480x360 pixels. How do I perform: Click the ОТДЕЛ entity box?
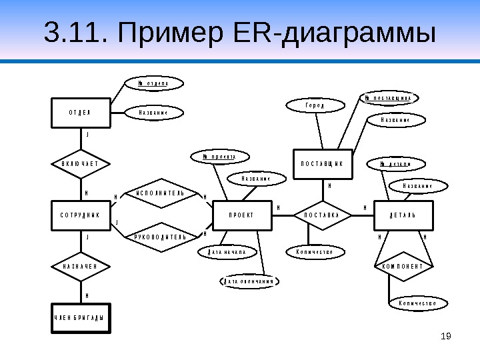click(80, 113)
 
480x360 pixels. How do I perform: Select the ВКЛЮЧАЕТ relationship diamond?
click(81, 163)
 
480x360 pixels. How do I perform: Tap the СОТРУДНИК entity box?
click(80, 215)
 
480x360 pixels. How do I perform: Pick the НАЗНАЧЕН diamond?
click(81, 267)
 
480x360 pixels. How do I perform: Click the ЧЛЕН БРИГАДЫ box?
click(82, 317)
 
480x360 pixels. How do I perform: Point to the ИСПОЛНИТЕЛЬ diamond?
click(159, 194)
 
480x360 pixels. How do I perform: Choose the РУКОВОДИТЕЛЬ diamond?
click(159, 237)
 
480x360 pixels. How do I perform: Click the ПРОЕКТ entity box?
click(242, 215)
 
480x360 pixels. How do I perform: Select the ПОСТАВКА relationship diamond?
click(322, 215)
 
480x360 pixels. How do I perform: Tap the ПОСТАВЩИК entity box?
click(322, 163)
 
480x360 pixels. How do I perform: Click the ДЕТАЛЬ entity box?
click(403, 215)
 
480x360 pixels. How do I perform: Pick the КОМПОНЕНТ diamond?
click(403, 267)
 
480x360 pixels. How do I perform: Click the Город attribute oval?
click(315, 105)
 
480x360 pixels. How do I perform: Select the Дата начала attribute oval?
click(227, 253)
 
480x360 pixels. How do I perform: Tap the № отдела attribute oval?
click(153, 84)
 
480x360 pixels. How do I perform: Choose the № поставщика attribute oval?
click(391, 98)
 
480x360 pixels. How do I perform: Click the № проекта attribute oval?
click(219, 157)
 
